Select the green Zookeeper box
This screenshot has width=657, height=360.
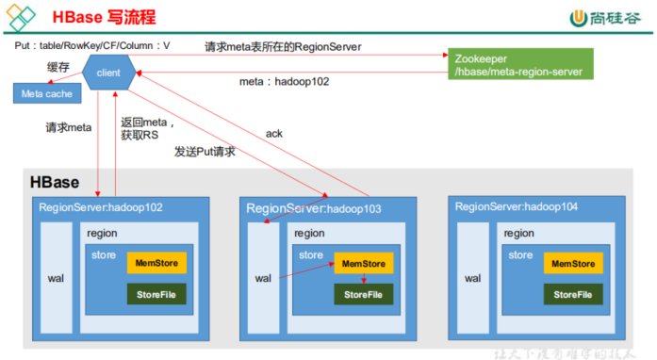514,65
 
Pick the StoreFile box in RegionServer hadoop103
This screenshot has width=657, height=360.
363,295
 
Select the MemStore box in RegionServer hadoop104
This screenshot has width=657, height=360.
572,264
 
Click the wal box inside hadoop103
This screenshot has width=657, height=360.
263,278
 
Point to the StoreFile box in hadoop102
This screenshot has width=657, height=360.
156,295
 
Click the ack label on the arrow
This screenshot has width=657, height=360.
274,134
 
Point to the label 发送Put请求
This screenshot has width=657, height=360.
205,151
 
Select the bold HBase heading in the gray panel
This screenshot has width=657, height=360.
54,183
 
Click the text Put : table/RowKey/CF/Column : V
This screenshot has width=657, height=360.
92,45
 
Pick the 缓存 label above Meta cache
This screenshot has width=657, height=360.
32,66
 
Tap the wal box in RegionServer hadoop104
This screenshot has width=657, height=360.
471,278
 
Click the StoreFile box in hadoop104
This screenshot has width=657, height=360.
572,295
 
